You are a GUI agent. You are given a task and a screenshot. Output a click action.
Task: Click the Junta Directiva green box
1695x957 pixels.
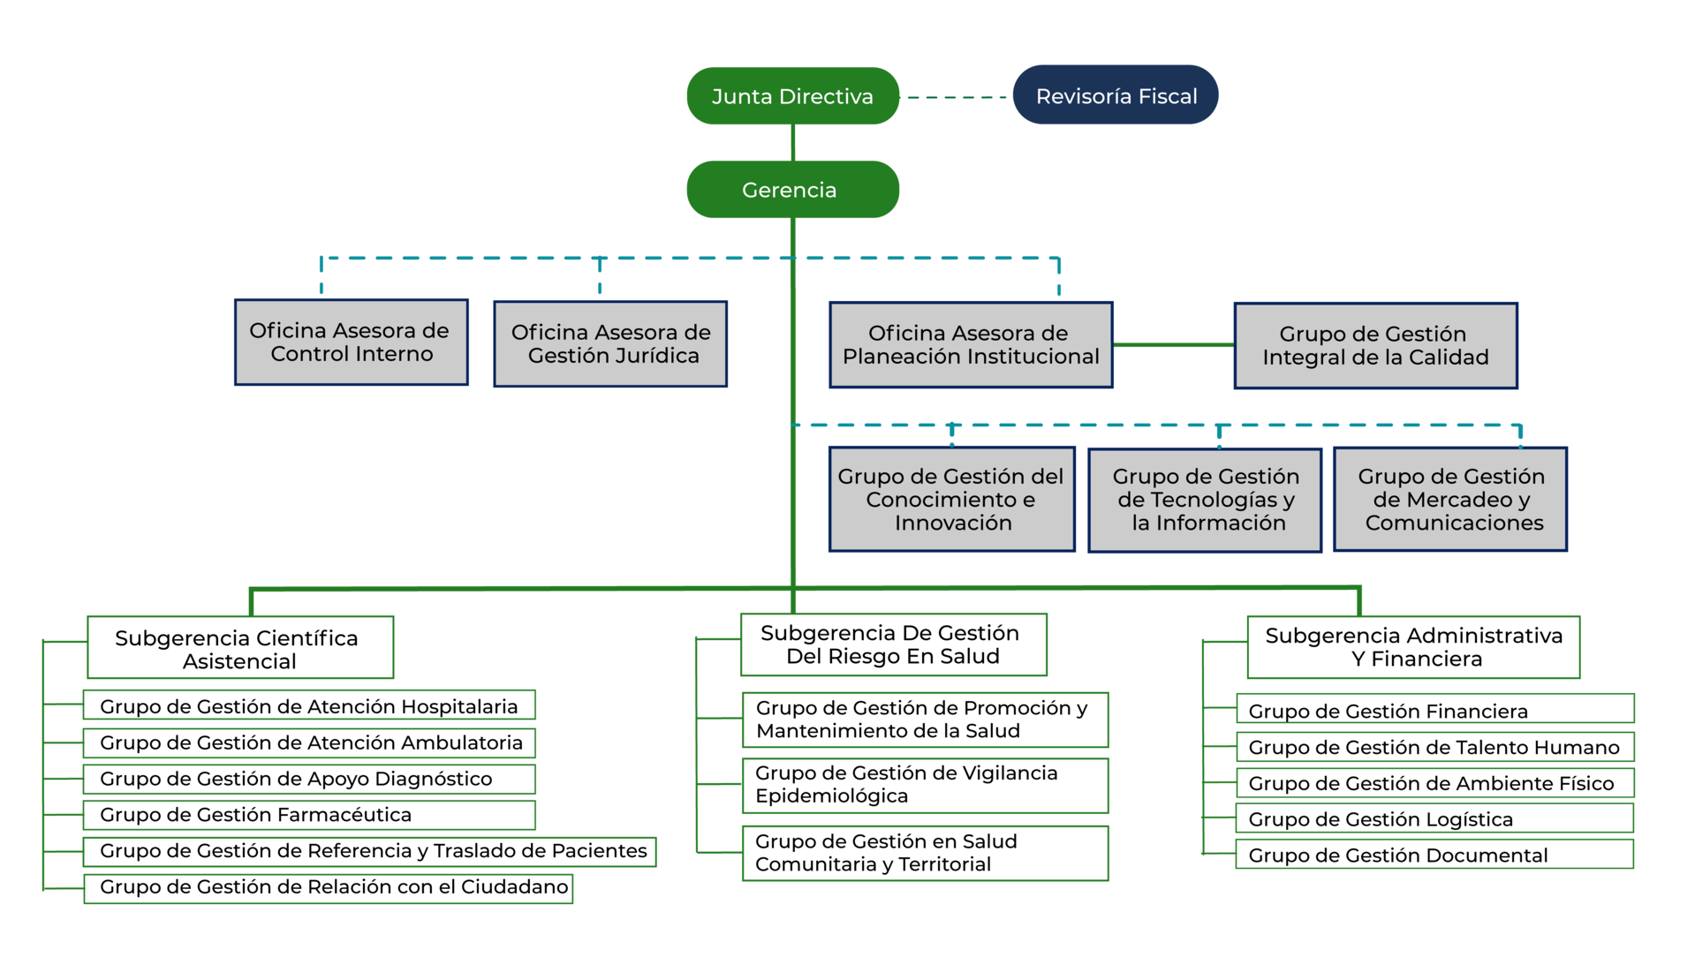[x=792, y=96]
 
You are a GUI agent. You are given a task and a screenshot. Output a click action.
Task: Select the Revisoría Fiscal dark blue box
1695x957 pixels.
[x=1116, y=94]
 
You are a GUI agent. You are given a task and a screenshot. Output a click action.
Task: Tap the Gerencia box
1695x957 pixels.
[x=792, y=189]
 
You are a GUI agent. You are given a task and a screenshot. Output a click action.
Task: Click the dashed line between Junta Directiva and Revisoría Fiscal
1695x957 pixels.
[x=957, y=97]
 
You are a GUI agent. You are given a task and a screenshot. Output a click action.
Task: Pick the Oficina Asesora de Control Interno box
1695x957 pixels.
[x=352, y=343]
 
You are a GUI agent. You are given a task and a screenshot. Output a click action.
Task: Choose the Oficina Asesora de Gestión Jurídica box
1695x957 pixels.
[x=610, y=344]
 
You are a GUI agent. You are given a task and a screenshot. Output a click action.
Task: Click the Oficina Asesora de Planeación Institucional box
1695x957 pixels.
[x=971, y=345]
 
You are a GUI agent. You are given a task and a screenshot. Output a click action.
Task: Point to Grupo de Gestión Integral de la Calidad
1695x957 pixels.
[x=1375, y=346]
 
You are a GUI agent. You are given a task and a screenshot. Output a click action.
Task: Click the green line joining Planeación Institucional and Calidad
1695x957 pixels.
[x=1174, y=345]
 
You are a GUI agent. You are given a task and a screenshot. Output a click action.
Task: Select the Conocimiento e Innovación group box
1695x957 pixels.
[x=952, y=500]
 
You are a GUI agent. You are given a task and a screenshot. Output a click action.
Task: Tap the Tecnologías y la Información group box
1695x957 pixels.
[x=1205, y=501]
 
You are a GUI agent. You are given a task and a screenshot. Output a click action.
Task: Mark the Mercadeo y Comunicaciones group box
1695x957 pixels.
[x=1450, y=500]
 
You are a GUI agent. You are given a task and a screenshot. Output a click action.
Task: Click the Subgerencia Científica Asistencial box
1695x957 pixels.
[x=240, y=647]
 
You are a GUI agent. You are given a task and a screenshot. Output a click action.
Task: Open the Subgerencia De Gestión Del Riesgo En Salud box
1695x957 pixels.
[x=893, y=644]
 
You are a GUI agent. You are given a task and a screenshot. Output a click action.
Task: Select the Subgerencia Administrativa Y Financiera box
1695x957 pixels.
[x=1413, y=647]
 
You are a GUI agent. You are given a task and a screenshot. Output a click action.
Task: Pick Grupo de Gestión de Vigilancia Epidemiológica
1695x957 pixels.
[x=925, y=786]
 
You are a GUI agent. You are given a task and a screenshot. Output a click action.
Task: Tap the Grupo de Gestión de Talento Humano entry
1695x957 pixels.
[x=1434, y=747]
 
